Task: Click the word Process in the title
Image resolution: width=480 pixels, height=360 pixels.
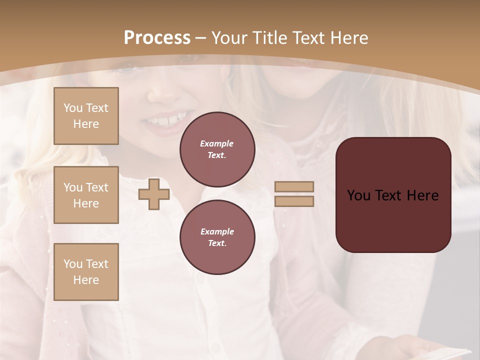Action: point(157,38)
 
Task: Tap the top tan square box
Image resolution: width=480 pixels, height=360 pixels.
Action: point(86,116)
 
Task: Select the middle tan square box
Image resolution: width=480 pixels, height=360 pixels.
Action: point(86,195)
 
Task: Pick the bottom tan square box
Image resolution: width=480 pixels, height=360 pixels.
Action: point(86,272)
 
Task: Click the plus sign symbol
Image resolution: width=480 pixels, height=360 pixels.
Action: point(154,194)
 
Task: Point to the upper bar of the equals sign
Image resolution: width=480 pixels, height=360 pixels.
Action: point(294,186)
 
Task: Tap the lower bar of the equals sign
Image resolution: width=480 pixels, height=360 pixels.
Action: point(294,201)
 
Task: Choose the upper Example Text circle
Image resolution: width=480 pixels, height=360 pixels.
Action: point(217,149)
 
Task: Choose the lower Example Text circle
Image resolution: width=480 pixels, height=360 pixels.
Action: point(217,237)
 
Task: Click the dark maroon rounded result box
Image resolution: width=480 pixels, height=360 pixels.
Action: point(393,194)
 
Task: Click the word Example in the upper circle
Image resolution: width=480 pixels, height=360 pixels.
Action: point(217,143)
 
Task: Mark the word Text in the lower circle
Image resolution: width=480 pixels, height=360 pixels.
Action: point(217,243)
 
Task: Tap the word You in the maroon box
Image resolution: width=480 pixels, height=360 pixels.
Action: point(358,195)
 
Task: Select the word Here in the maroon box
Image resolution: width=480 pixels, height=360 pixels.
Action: point(423,195)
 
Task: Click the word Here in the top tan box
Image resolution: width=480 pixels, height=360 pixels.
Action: point(86,124)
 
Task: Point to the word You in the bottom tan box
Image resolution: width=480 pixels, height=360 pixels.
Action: point(73,264)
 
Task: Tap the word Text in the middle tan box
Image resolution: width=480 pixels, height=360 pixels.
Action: point(97,187)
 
